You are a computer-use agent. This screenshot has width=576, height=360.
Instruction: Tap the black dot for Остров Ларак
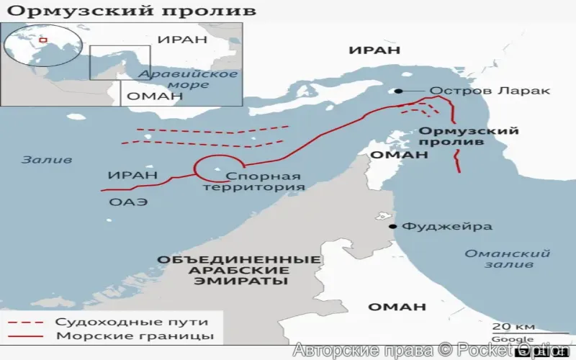coord(397,91)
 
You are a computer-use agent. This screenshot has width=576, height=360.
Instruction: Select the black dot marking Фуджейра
coord(393,226)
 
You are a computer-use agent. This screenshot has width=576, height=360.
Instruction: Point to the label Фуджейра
coord(446,226)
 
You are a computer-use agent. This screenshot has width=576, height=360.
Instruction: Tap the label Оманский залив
coord(507,259)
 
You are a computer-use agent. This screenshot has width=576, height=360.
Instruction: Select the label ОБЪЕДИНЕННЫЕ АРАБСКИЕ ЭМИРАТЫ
coord(238,270)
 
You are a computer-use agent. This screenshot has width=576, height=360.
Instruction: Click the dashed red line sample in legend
coord(28,322)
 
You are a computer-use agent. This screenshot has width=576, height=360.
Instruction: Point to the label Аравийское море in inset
coord(189,79)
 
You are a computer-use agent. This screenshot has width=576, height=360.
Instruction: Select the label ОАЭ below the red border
coord(128,202)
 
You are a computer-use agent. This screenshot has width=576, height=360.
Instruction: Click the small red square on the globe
coord(42,40)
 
